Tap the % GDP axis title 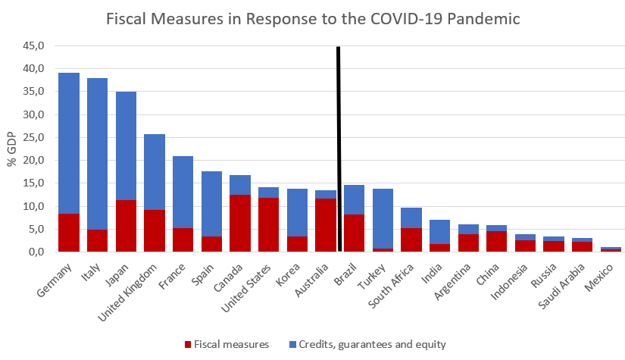11,149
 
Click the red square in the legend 189,344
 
